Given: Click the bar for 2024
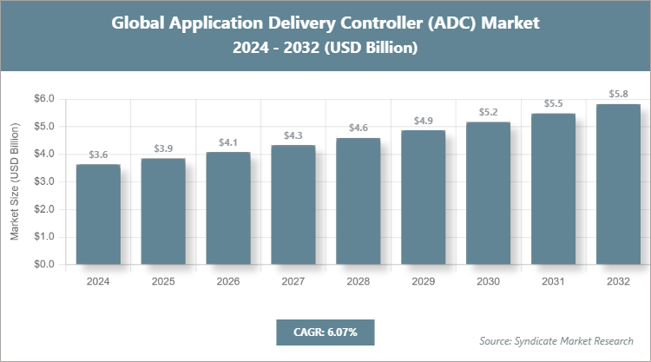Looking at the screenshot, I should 98,214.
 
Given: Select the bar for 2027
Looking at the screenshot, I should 293,205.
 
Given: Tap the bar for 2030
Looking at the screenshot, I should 488,193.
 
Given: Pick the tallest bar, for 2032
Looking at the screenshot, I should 618,184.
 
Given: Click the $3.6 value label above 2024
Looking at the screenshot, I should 98,155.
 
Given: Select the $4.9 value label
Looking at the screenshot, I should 423,120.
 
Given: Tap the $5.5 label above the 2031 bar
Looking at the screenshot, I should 553,103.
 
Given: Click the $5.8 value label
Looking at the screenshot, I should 618,94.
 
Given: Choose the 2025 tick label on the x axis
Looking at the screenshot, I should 163,282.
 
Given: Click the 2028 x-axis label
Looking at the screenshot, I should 358,282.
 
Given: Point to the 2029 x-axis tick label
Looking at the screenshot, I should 423,282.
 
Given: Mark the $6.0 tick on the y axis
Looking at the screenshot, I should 43,99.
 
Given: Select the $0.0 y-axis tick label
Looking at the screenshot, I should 43,264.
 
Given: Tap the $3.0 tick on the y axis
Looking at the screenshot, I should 43,181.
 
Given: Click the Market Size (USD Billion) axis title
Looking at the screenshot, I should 15,182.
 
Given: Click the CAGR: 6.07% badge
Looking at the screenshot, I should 325,332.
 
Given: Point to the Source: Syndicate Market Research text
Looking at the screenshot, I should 556,341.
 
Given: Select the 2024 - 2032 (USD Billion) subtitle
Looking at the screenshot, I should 325,49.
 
